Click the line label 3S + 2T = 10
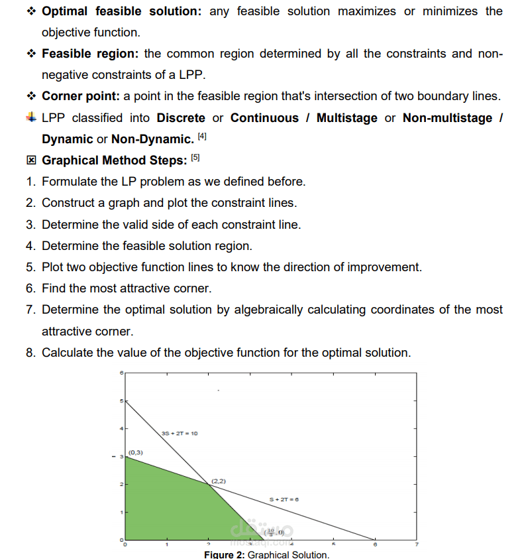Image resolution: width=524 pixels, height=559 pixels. (x=180, y=433)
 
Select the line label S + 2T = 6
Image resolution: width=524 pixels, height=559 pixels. (x=284, y=499)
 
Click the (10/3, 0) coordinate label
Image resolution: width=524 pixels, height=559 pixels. (x=274, y=532)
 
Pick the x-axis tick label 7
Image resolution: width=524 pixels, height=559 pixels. (x=417, y=544)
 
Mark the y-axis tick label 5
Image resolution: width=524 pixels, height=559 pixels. (x=121, y=401)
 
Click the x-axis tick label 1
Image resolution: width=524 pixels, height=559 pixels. (x=167, y=544)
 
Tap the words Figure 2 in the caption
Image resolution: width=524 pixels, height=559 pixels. (x=224, y=554)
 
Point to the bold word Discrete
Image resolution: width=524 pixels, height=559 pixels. (x=181, y=118)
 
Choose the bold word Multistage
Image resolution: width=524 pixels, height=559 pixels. (x=346, y=118)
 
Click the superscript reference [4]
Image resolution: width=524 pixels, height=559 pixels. (x=202, y=136)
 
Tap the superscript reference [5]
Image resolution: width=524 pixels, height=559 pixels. (x=195, y=157)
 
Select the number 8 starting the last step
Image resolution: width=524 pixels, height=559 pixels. (x=30, y=353)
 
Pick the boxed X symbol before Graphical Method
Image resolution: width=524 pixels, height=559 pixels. (x=30, y=160)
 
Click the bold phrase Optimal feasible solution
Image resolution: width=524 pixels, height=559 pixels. (x=121, y=11)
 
